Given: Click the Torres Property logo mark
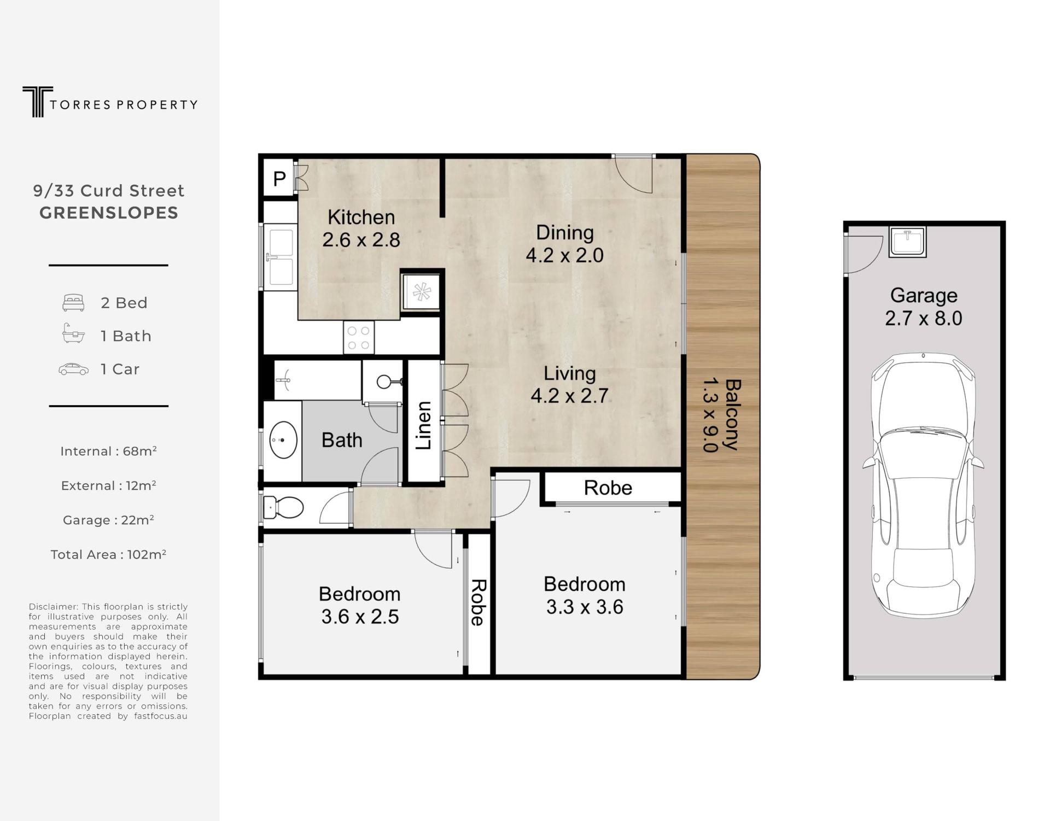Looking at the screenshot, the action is click(38, 102).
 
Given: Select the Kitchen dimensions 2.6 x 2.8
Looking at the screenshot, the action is click(361, 240).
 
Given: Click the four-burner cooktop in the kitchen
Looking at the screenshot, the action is click(359, 337).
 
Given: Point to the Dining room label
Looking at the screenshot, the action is click(564, 233).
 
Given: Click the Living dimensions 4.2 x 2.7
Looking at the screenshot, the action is click(569, 396).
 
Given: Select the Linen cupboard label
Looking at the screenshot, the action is click(424, 425).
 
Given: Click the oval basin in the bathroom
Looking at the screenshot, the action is click(283, 439).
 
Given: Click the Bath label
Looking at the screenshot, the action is click(342, 440).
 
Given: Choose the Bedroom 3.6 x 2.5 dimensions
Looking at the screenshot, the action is click(360, 617).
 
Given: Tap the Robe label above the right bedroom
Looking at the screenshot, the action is click(608, 488).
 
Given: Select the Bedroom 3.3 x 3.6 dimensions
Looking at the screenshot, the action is click(585, 607).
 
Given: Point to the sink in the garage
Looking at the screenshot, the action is click(908, 242).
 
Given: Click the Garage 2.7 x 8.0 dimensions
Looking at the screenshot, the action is click(924, 319).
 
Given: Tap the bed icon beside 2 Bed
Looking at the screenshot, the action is click(73, 303).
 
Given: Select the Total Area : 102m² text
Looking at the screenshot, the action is click(108, 554).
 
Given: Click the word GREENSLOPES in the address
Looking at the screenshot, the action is click(109, 213).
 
